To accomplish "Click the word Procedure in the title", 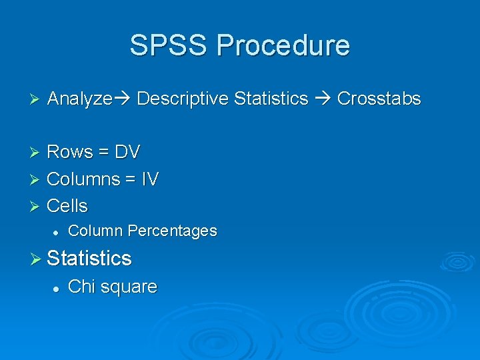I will [x=283, y=45].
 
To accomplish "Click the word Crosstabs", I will [x=379, y=99].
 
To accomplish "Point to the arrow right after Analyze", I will [x=123, y=99].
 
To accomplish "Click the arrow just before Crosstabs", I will [x=323, y=99].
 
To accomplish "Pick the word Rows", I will [x=70, y=152].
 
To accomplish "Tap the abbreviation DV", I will [x=127, y=152].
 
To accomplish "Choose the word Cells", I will [x=67, y=205].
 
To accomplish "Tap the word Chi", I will [x=80, y=287].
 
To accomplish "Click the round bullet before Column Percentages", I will [x=57, y=231].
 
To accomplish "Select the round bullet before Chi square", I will [x=57, y=287].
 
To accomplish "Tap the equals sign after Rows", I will [x=103, y=153].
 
